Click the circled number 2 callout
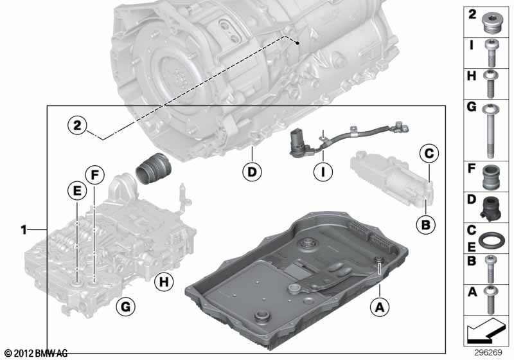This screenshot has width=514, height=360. pyautogui.click(x=76, y=125)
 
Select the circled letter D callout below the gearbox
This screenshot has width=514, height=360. pyautogui.click(x=253, y=172)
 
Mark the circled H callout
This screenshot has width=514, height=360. pyautogui.click(x=164, y=281)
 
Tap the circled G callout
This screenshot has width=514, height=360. pyautogui.click(x=126, y=307)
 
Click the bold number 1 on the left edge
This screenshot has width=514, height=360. pyautogui.click(x=24, y=229)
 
